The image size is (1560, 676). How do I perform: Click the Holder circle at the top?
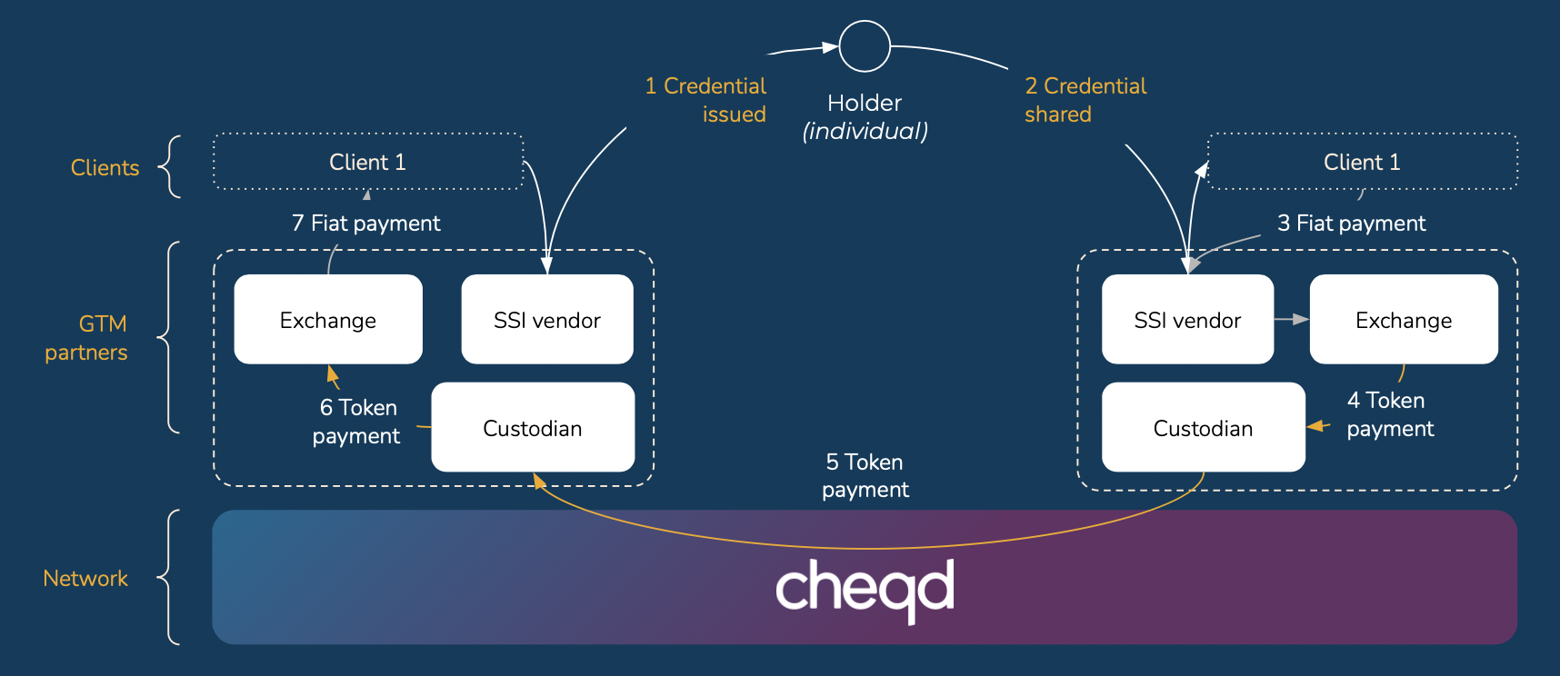[x=864, y=46]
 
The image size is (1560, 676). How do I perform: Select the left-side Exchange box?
[x=328, y=320]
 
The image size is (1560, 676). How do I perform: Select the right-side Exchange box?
[x=1404, y=320]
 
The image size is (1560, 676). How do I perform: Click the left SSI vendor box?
[x=547, y=320]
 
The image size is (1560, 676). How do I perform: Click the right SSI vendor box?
[x=1187, y=320]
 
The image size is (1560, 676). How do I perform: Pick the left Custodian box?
[x=533, y=428]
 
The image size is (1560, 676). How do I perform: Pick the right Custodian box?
[x=1203, y=428]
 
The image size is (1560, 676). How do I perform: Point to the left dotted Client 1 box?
[x=368, y=162]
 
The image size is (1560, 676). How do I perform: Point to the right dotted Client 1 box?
[x=1362, y=162]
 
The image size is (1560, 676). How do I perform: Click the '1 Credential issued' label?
[x=706, y=100]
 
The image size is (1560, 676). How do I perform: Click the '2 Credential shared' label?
[x=1085, y=100]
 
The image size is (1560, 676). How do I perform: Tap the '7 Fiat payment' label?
[x=366, y=224]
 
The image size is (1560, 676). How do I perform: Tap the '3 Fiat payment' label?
[x=1352, y=224]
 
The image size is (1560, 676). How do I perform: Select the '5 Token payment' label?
[x=865, y=476]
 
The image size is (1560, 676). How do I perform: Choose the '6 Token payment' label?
[x=356, y=422]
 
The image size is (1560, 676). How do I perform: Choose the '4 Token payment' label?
[x=1390, y=414]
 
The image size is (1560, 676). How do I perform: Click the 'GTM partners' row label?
[x=87, y=338]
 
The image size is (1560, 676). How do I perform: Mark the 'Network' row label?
[x=86, y=579]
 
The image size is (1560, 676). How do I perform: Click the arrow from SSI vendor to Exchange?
[x=1291, y=320]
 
